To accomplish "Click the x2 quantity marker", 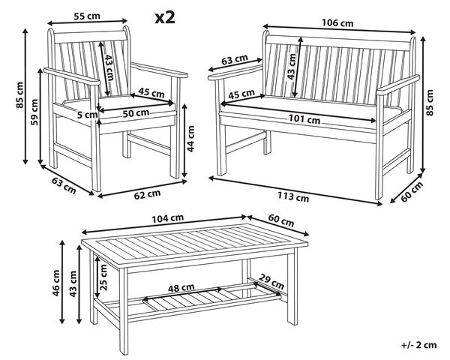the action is pyautogui.click(x=165, y=18).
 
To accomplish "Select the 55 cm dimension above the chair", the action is pyautogui.click(x=87, y=16).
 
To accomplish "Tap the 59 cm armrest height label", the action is pyautogui.click(x=34, y=112).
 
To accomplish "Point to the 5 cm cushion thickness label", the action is pyautogui.click(x=88, y=115).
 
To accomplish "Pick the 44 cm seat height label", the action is pyautogui.click(x=190, y=138).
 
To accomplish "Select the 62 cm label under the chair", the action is pyautogui.click(x=147, y=194).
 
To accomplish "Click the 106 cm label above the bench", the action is pyautogui.click(x=337, y=22).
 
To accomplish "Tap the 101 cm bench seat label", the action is pyautogui.click(x=304, y=118).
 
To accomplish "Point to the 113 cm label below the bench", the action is pyautogui.click(x=293, y=196).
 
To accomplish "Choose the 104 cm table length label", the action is pyautogui.click(x=167, y=218).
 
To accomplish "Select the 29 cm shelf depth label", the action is pyautogui.click(x=271, y=282).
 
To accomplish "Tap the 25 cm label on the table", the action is pyautogui.click(x=103, y=277).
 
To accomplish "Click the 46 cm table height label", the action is pyautogui.click(x=56, y=283).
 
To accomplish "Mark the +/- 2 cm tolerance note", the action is pyautogui.click(x=419, y=345).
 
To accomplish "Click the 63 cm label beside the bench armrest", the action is pyautogui.click(x=235, y=60).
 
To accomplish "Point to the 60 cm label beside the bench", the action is pyautogui.click(x=412, y=192).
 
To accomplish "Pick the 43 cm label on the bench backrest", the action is pyautogui.click(x=292, y=67).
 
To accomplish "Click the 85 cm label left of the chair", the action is pyautogui.click(x=19, y=95).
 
